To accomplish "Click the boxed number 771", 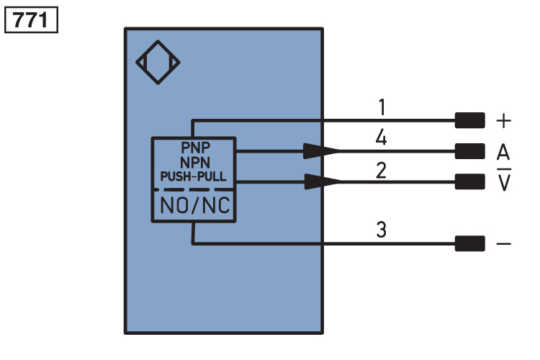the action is [31, 20].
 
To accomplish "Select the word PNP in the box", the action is [195, 148].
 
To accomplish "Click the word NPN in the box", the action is [195, 162].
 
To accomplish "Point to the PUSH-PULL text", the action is [194, 176].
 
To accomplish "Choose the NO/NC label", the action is [195, 205].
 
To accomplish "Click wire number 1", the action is [382, 107].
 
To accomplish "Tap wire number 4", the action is [381, 138].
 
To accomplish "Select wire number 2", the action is [381, 171].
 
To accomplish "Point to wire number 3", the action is [381, 230].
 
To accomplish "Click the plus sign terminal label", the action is [503, 121].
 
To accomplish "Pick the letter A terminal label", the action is [503, 152].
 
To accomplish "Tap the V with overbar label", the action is [504, 180].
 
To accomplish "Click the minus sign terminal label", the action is [503, 244].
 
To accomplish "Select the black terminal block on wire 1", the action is [470, 120].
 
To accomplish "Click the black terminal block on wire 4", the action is [470, 151].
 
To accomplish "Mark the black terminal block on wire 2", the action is [470, 181].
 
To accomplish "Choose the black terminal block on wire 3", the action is [470, 243].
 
